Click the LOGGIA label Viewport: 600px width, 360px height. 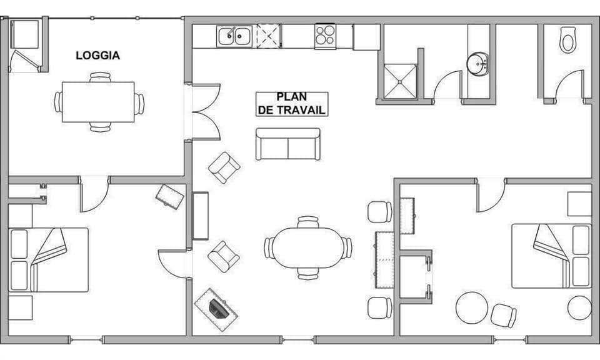97,56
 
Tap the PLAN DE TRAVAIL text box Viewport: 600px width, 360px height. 292,104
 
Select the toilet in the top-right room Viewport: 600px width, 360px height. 567,39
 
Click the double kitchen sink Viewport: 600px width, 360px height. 234,36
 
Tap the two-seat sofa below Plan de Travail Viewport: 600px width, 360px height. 287,144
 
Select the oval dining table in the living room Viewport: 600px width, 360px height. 307,247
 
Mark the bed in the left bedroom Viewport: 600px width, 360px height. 49,260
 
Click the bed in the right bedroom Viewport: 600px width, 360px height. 551,256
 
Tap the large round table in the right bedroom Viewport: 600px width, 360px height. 472,308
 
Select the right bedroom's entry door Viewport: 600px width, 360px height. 491,196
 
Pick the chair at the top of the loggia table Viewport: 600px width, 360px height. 99,77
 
